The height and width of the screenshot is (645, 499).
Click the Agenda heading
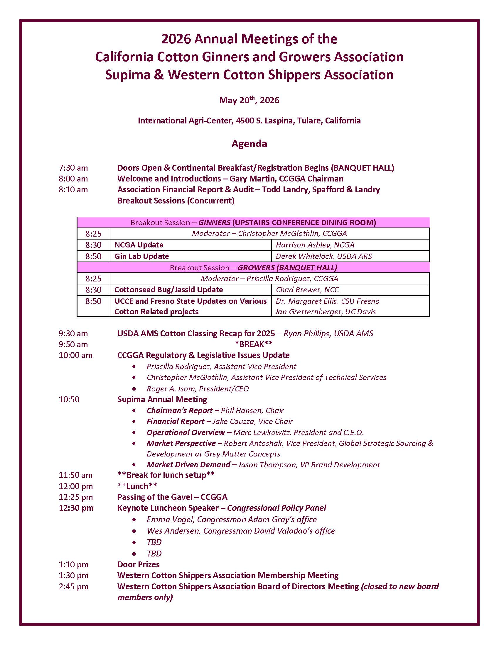tap(249, 144)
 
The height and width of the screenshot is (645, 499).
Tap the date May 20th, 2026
tap(249, 100)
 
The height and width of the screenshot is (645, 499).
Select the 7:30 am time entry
tap(73, 168)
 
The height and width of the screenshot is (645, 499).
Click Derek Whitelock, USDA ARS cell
tap(324, 256)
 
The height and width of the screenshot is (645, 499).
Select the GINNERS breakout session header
tap(253, 223)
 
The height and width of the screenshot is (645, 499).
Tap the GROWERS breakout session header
tap(253, 268)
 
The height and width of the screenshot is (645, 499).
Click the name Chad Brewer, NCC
tap(307, 290)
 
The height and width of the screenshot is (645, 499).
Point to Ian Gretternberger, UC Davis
tap(326, 312)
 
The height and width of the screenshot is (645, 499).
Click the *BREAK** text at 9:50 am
tap(254, 344)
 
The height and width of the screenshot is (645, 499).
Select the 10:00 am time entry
tap(75, 355)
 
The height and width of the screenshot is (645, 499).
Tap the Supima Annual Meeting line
tap(162, 400)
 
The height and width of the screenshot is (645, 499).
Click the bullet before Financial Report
tap(134, 422)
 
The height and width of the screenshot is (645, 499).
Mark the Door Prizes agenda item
tap(138, 565)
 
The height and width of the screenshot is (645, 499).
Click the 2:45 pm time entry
tap(74, 587)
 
